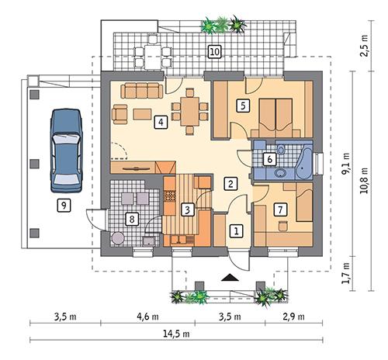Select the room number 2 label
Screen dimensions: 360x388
point(230,184)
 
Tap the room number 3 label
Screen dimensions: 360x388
point(187,209)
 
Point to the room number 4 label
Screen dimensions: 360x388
point(160,122)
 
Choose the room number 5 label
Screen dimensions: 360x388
point(243,106)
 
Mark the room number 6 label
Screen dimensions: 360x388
point(269,159)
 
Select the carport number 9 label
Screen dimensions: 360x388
point(64,206)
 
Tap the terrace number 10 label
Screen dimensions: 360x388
point(214,52)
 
